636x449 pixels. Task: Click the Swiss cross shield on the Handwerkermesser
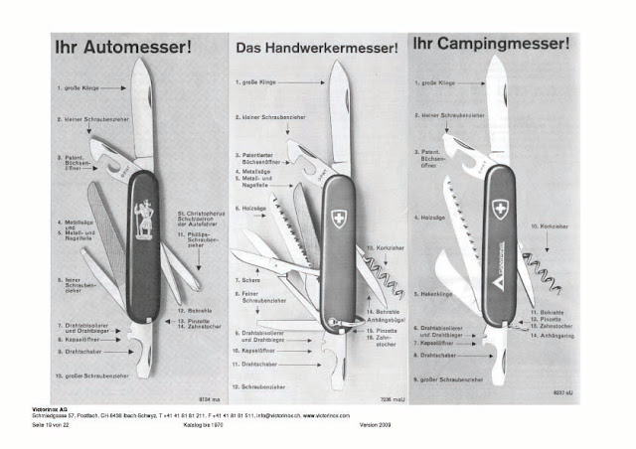(335, 219)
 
